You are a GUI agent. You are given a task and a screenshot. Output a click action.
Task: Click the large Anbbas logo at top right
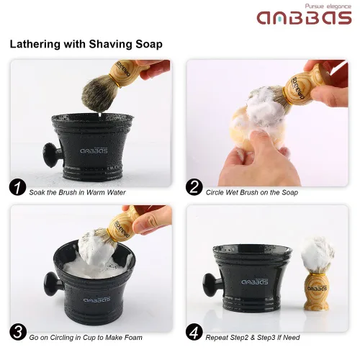pyautogui.click(x=304, y=17)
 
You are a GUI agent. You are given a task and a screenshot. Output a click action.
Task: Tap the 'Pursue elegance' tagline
pyautogui.click(x=328, y=6)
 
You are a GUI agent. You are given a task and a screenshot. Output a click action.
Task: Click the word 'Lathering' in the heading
pyautogui.click(x=35, y=45)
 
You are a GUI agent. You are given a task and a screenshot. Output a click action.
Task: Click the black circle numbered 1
pyautogui.click(x=17, y=188)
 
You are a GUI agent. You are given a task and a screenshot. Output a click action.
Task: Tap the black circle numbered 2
pyautogui.click(x=194, y=187)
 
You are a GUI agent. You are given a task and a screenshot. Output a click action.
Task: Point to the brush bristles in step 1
pyautogui.click(x=99, y=93)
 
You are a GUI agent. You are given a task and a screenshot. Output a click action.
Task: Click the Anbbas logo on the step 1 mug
pyautogui.click(x=94, y=150)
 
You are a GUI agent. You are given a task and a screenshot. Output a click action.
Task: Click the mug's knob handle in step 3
pyautogui.click(x=53, y=284)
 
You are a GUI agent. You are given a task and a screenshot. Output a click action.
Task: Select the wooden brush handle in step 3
pyautogui.click(x=123, y=225)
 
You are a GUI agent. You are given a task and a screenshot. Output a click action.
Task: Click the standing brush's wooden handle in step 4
pyautogui.click(x=316, y=292)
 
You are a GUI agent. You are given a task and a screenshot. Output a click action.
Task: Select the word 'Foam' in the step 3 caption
pyautogui.click(x=133, y=338)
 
